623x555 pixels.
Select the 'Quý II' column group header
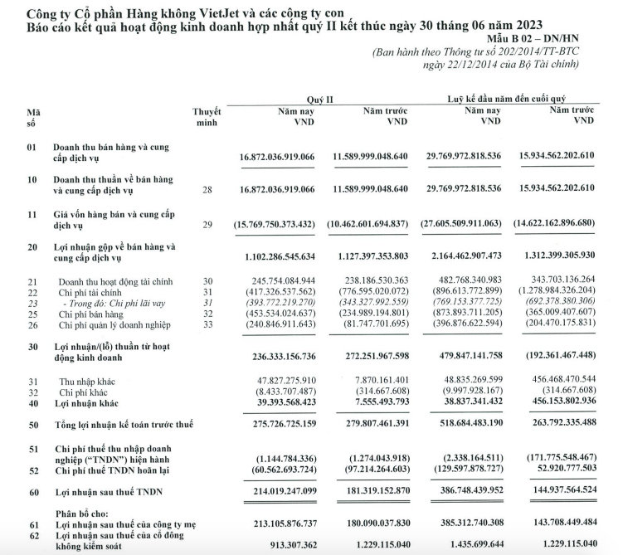click(x=319, y=99)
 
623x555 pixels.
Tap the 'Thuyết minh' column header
click(x=207, y=116)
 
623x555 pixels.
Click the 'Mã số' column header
click(x=32, y=116)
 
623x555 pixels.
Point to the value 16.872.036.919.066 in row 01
click(x=277, y=157)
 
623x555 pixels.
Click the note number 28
click(x=207, y=189)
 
